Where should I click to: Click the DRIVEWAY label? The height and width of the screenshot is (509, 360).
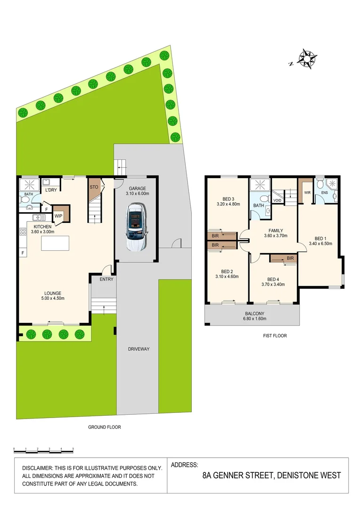coord(138,349)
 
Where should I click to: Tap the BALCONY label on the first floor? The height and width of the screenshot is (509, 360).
coord(254,313)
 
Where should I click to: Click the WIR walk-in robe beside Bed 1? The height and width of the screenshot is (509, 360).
coord(307,193)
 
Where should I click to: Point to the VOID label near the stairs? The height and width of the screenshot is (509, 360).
coord(278,200)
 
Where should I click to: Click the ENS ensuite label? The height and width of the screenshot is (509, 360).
coord(324,193)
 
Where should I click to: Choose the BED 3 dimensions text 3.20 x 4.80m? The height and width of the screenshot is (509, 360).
coord(228,204)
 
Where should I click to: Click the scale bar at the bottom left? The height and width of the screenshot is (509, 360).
coord(43,450)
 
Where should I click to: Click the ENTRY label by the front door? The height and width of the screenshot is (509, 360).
coord(106,279)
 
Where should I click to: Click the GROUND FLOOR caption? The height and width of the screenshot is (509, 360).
coord(105,427)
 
